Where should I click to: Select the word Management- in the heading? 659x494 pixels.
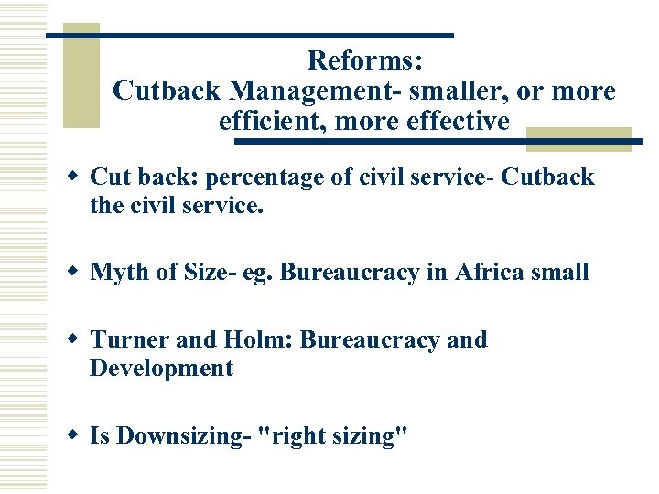tap(314, 91)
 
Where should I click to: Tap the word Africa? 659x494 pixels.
tap(494, 272)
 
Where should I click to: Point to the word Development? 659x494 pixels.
tap(162, 369)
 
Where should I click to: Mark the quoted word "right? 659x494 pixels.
tap(293, 436)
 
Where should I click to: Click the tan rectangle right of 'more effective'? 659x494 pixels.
tap(579, 138)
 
